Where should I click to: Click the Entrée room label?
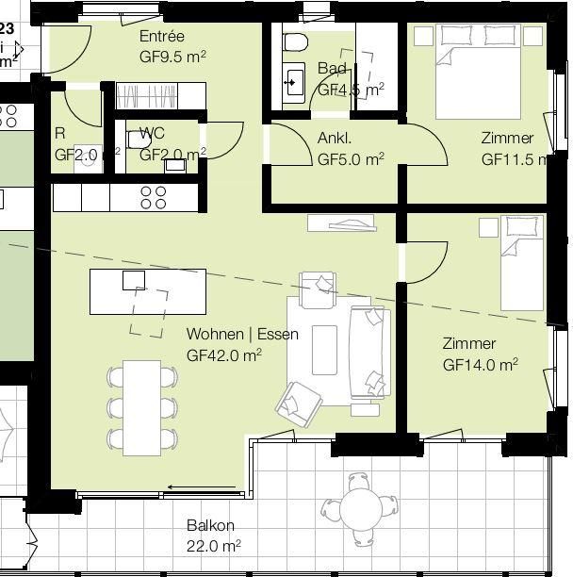tap(161, 37)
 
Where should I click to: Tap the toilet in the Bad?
tap(295, 42)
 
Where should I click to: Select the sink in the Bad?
tap(294, 81)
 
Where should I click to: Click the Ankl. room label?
tap(335, 139)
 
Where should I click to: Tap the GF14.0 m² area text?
tap(480, 365)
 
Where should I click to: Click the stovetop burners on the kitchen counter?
tap(154, 197)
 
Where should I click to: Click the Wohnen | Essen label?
tap(242, 335)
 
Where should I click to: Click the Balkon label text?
tap(210, 526)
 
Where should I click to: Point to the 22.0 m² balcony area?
tap(213, 545)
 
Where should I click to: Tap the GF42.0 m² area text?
tap(223, 355)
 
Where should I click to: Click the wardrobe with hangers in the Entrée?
tap(159, 96)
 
